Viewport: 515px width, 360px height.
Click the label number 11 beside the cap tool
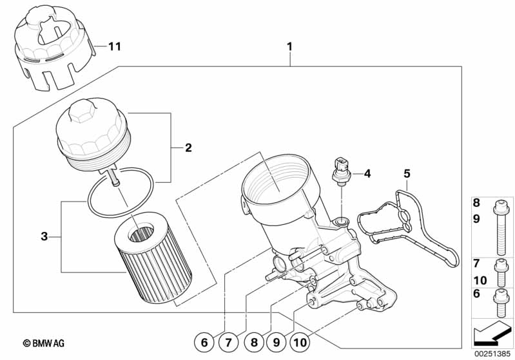point(114,46)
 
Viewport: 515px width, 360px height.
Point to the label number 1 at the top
point(289,46)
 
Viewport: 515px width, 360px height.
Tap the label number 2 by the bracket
point(188,148)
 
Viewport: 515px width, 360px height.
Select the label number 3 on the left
point(44,236)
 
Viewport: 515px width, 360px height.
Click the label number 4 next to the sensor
point(367,173)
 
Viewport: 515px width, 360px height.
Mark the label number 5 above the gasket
point(407,173)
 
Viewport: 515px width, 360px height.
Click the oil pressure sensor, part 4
point(340,169)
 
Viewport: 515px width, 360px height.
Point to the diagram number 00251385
point(492,353)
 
